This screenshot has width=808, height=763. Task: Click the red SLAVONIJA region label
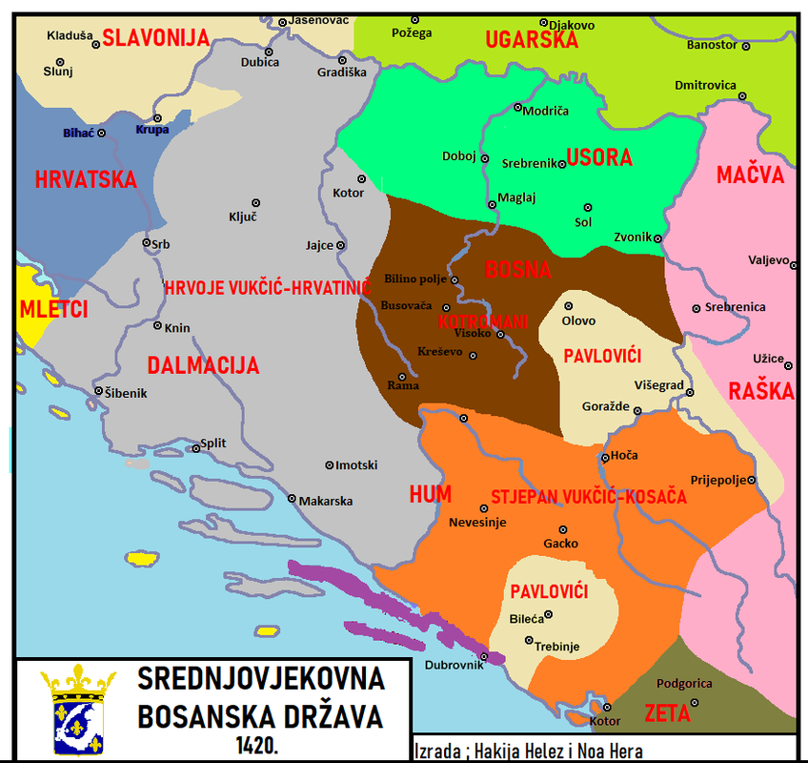[x=155, y=38]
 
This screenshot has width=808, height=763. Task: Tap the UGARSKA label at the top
[x=532, y=40]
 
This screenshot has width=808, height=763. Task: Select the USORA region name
[x=599, y=158]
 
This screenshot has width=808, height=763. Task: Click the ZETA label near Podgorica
[x=667, y=712]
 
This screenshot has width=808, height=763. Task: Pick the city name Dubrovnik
[x=448, y=665]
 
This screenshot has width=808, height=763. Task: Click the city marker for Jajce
[x=340, y=245]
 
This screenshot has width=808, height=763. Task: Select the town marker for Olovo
[x=569, y=306]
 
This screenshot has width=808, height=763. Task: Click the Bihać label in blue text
[x=78, y=133]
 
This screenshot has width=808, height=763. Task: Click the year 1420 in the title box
[x=260, y=742]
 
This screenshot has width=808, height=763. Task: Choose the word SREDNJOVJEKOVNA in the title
[x=261, y=679]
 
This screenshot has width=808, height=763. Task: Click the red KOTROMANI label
[x=483, y=321]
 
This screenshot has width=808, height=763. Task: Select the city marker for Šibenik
[x=98, y=391]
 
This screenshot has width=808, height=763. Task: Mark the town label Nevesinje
[x=478, y=522]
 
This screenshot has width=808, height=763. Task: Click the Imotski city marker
[x=330, y=464]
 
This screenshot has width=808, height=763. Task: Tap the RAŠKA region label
[x=761, y=391]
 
